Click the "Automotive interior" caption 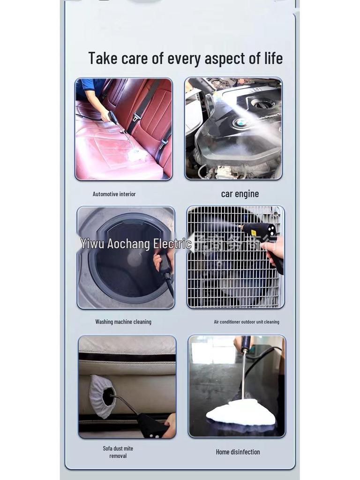pos(114,194)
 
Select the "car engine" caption pos(240,194)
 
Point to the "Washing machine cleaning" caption pos(123,322)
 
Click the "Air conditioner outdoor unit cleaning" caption pos(246,322)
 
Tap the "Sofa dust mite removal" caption pos(118,452)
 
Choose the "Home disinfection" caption pos(238,452)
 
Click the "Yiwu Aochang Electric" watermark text pos(136,244)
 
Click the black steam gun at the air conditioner pos(260,232)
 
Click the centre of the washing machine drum pos(134,259)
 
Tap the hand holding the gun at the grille pos(274,249)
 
